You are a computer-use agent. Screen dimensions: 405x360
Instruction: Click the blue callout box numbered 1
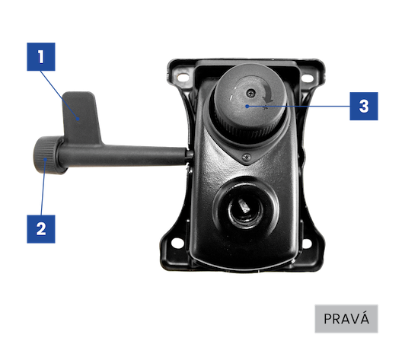pos(41,57)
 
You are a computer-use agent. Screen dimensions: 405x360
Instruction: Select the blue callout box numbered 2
pos(41,229)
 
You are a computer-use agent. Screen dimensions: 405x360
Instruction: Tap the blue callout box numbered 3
pos(364,106)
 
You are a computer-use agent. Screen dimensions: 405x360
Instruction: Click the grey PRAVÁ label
pos(346,319)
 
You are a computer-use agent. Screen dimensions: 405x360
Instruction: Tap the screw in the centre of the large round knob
pos(250,93)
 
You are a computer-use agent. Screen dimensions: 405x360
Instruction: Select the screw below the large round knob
pos(247,156)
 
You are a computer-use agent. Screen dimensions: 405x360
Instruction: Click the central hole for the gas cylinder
pos(245,209)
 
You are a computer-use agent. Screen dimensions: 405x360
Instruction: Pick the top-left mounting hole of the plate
pos(183,77)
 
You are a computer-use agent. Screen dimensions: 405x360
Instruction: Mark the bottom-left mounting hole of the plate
pos(176,243)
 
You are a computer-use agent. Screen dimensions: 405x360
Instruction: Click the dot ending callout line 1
pos(78,119)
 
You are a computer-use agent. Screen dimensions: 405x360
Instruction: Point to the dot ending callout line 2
pos(45,159)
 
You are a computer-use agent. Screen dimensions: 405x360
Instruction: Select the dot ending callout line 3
pos(247,106)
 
